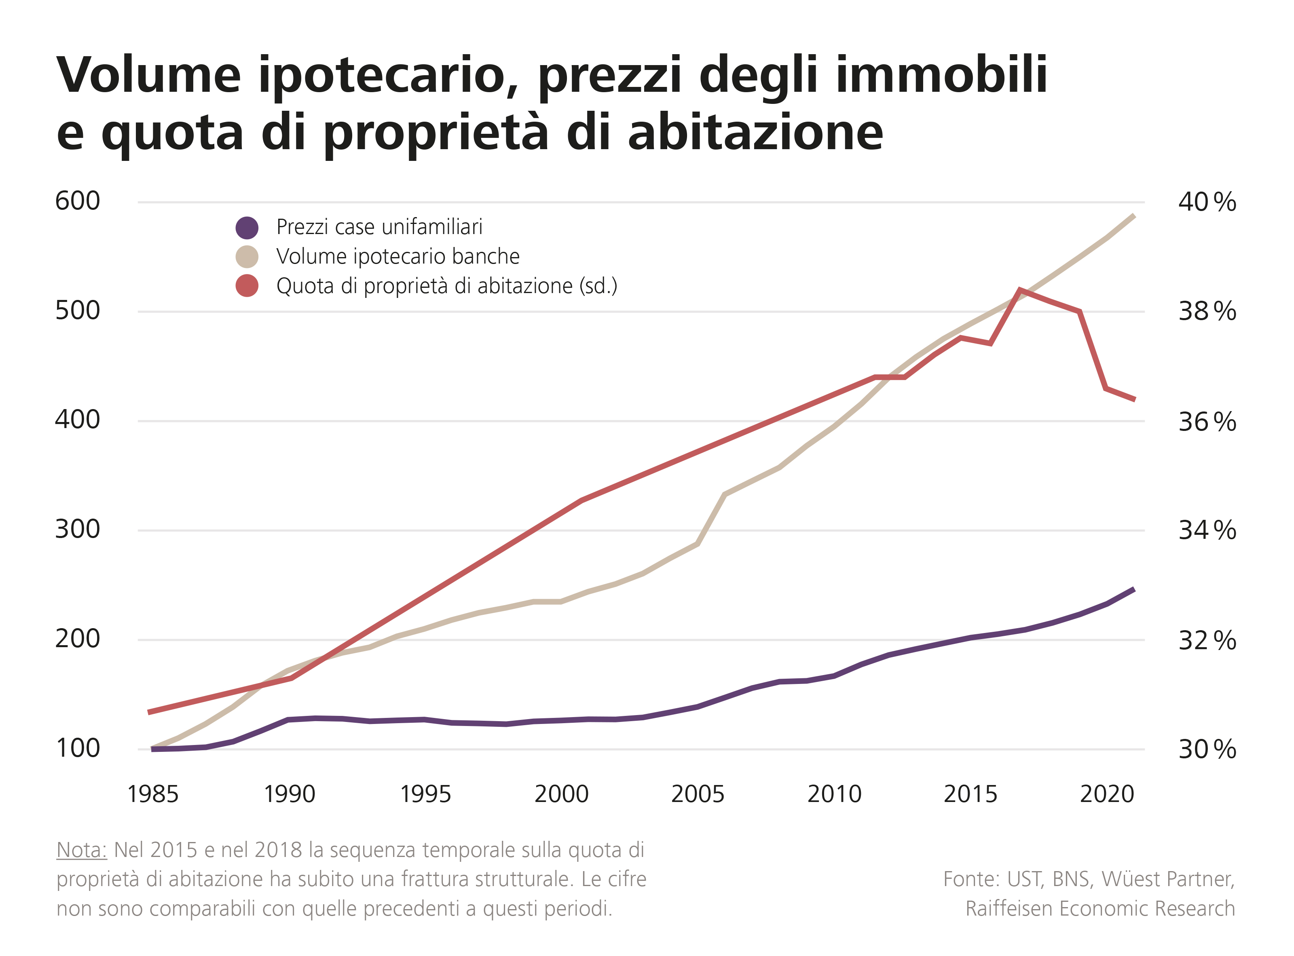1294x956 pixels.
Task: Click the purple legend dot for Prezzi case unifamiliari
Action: [x=247, y=228]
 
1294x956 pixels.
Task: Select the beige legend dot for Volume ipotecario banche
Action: [x=247, y=256]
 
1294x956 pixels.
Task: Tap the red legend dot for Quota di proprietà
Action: [x=247, y=285]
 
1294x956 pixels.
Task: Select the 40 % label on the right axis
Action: [x=1207, y=202]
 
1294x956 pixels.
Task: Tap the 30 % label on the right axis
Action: [x=1207, y=749]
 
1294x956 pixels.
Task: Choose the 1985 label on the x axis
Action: [x=153, y=794]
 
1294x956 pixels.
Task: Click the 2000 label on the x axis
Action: [x=561, y=794]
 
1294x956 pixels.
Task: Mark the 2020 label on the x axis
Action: [x=1106, y=794]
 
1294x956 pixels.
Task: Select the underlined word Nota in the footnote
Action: [x=82, y=850]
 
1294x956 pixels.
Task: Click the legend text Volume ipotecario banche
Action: [x=398, y=256]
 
